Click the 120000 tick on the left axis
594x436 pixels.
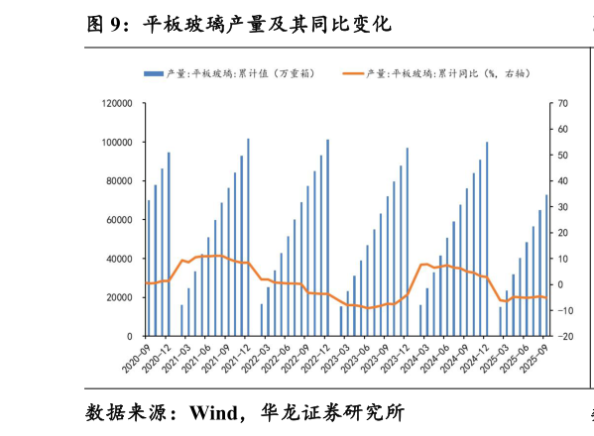(117, 103)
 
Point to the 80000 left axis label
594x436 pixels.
(120, 180)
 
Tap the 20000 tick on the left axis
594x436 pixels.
(120, 297)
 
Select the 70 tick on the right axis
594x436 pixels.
(561, 103)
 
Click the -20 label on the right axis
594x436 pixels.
(563, 336)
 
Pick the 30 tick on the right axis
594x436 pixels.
(561, 207)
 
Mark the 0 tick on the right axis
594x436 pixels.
(559, 284)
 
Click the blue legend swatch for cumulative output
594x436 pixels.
(154, 73)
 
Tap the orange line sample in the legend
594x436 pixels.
(353, 73)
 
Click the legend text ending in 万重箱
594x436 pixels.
(239, 73)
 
